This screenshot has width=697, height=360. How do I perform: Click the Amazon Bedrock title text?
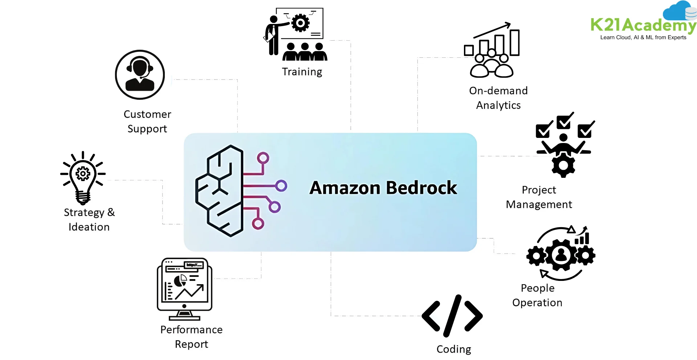[x=383, y=188]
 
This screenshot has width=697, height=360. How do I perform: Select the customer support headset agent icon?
[x=140, y=75]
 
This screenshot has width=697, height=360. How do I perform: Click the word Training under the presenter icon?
[x=302, y=72]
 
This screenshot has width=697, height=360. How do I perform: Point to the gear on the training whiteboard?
[x=300, y=23]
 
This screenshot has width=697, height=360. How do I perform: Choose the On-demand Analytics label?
[x=498, y=98]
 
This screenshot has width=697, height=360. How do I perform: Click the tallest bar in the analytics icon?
[x=514, y=42]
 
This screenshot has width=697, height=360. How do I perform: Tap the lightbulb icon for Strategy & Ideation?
[x=83, y=178]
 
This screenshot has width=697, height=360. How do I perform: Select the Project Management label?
[x=539, y=197]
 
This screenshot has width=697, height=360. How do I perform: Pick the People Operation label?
[x=537, y=295]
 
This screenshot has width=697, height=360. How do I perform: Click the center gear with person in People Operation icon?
[x=561, y=255]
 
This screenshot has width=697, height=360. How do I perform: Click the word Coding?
[x=453, y=349]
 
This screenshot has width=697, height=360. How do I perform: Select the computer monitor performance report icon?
[x=184, y=289]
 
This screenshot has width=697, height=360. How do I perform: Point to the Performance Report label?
[x=191, y=337]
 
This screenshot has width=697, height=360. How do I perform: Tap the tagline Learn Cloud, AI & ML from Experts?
[x=643, y=37]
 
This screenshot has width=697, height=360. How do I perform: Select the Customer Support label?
[x=147, y=122]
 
